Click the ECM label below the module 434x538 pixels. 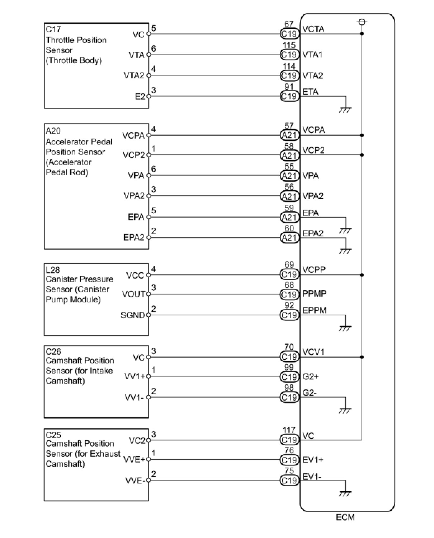(x=345, y=517)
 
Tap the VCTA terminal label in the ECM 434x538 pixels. (x=313, y=29)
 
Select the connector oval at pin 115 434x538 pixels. (x=289, y=55)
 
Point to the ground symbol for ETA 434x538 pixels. (x=345, y=109)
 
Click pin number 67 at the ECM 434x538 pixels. (x=289, y=24)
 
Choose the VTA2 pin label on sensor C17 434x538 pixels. (x=134, y=75)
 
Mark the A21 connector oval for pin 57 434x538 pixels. (x=289, y=135)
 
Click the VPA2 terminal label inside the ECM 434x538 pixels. (x=313, y=196)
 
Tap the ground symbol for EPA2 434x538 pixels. (x=345, y=251)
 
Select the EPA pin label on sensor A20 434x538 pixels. (x=136, y=217)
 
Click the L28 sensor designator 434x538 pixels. (x=53, y=269)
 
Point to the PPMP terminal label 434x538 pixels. (x=314, y=294)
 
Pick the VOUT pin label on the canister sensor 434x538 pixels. (x=133, y=294)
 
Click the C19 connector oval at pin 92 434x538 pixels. (x=289, y=315)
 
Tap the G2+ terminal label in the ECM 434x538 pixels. (x=311, y=376)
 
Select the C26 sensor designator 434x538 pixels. (x=53, y=351)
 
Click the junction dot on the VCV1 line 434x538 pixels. (x=362, y=357)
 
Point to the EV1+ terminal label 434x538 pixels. (x=313, y=460)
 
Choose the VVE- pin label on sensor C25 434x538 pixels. (x=135, y=481)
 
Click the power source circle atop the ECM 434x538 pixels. (x=362, y=22)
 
